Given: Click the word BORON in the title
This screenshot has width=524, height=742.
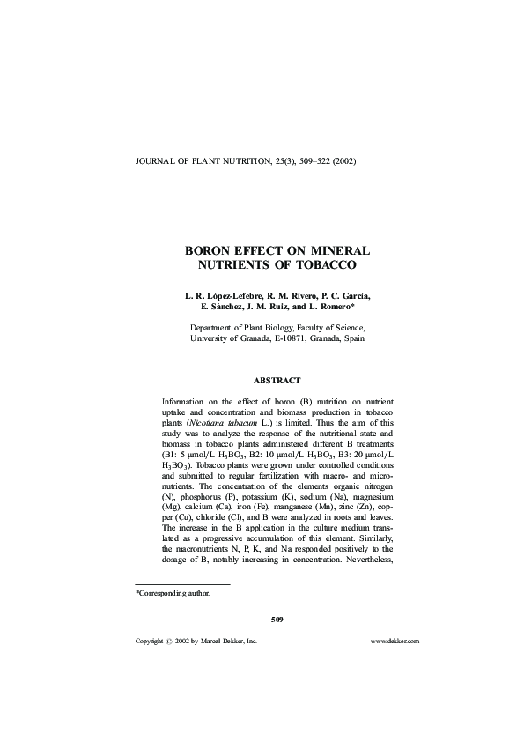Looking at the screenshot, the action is (209, 250).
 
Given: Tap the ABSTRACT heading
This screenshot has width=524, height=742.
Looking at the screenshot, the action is (277, 380).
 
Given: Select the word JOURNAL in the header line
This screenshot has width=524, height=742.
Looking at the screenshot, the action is (151, 162).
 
